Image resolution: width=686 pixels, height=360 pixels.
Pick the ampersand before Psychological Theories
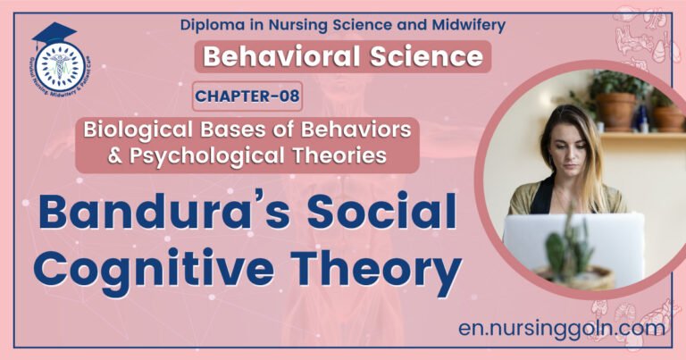[x=92, y=155]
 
